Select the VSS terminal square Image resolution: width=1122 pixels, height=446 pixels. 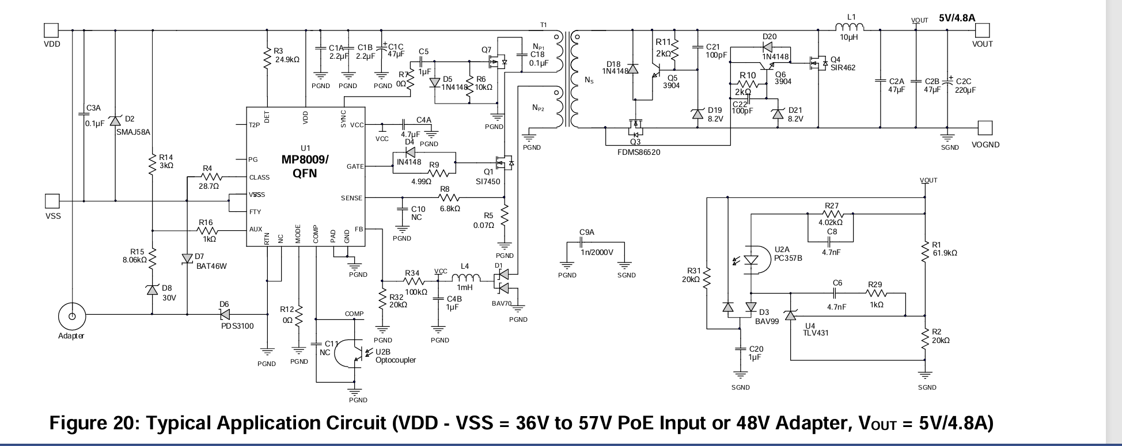pos(52,201)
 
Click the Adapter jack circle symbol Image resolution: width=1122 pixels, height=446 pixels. pos(72,316)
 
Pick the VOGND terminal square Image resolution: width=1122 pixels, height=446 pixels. pos(985,127)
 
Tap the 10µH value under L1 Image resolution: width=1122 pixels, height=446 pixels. pos(848,37)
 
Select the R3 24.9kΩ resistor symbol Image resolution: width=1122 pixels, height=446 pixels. pos(267,59)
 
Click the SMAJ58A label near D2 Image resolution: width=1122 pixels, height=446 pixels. pos(132,132)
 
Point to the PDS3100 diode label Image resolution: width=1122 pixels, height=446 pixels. pos(237,326)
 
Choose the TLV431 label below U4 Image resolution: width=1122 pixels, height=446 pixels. pos(817,333)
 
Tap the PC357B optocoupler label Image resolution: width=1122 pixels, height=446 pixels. pos(789,258)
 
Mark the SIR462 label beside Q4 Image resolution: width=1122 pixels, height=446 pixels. pos(843,67)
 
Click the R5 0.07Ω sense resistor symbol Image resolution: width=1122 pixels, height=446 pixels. pos(505,216)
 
